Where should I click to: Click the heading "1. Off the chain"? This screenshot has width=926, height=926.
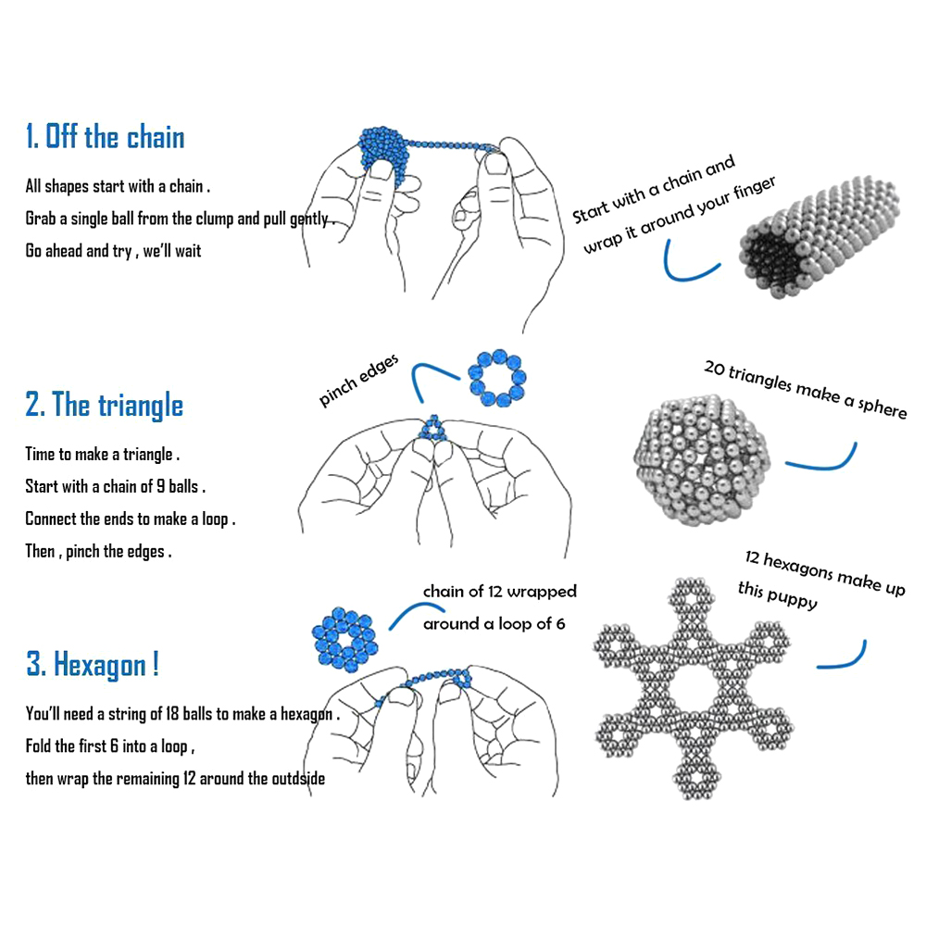106,136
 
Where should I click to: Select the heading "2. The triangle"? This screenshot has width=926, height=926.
104,405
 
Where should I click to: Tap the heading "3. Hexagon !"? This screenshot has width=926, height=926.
92,664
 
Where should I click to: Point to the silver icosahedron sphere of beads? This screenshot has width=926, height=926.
702,460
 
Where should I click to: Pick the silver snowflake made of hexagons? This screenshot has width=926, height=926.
694,689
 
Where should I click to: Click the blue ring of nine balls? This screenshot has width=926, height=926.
497,378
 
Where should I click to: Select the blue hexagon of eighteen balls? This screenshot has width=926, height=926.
344,639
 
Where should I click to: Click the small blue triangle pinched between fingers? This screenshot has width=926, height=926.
434,430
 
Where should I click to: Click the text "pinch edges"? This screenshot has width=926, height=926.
358,381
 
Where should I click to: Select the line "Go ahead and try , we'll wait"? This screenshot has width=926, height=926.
113,251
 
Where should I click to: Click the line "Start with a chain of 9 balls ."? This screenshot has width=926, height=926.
115,487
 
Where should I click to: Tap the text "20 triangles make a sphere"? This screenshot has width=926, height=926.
806,390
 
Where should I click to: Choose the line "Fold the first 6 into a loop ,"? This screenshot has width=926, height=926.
110,745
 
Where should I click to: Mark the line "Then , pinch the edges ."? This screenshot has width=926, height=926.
98,552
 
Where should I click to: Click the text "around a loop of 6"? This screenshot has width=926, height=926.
494,623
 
